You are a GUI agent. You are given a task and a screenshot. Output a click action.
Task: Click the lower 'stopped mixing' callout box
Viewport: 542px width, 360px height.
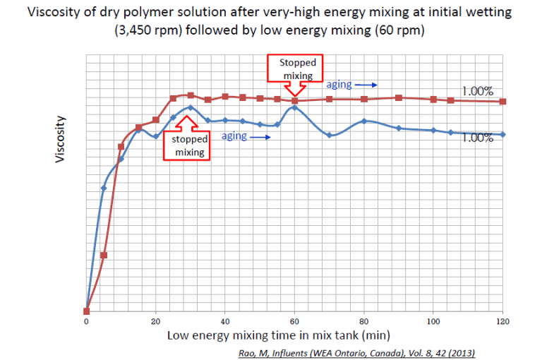(x=188, y=145)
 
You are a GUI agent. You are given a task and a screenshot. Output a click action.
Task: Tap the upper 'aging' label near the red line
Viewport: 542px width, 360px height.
(x=339, y=84)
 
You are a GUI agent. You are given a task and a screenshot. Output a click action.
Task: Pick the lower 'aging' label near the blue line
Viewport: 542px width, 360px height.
(x=234, y=136)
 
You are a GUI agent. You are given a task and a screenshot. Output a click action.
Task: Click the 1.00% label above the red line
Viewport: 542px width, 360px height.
(x=477, y=90)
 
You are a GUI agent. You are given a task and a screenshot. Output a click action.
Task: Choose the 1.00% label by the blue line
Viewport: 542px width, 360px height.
(x=477, y=138)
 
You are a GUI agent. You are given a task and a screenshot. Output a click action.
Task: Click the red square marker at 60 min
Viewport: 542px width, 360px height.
(x=295, y=101)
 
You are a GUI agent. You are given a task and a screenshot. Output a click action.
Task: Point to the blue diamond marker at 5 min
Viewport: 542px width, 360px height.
(x=104, y=188)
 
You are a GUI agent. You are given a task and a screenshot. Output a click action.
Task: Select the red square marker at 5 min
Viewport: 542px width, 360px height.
(x=104, y=255)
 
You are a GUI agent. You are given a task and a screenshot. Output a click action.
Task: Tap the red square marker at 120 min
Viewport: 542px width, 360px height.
(x=502, y=102)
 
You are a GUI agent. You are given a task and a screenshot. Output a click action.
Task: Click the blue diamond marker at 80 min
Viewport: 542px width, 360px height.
(x=364, y=121)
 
